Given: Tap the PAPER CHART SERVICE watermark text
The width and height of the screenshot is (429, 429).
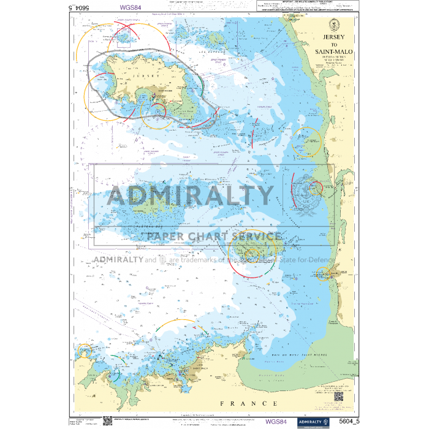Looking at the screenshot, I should [214, 237].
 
